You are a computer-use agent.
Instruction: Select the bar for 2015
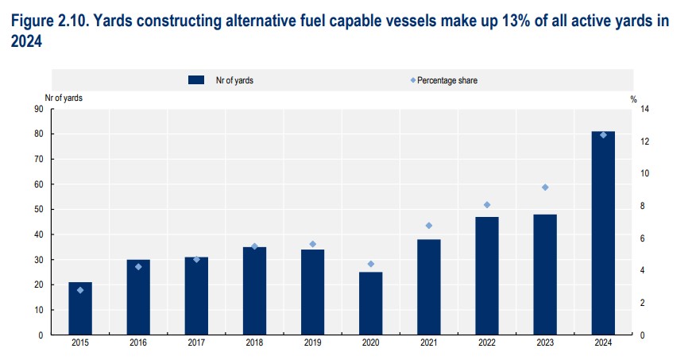coord(80,308)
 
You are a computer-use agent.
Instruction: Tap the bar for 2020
coord(371,304)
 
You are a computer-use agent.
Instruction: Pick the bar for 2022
coord(487,276)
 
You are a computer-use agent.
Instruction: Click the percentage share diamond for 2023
coord(545,188)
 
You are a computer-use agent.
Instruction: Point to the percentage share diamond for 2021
coord(429,226)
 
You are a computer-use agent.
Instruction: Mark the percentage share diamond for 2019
coord(313,244)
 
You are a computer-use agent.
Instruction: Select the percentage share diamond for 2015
coord(80,290)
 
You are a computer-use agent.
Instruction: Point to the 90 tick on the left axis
coord(38,109)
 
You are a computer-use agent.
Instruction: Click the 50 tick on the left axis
coord(38,210)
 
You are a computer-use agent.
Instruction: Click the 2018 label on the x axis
coord(254,343)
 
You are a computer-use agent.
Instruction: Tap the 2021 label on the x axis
coord(429,343)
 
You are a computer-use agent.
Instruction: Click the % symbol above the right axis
coord(634,99)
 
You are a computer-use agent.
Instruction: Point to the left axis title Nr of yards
coord(63,98)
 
